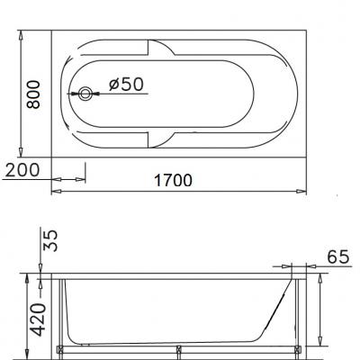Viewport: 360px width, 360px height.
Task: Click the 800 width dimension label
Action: point(33,94)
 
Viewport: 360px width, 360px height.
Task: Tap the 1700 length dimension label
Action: point(173,181)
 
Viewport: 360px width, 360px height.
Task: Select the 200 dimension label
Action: point(22,170)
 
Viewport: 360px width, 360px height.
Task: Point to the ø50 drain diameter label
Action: point(126,85)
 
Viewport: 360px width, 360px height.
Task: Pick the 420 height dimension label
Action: point(39,319)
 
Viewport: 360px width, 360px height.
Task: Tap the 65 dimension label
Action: point(338,256)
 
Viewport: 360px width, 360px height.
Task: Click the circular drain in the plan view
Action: point(85,94)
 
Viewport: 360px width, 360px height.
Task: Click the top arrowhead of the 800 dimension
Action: point(21,35)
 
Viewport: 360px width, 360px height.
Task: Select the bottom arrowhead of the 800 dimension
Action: point(21,152)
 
